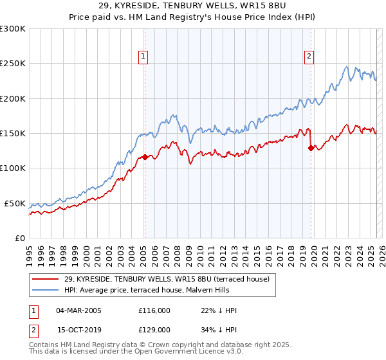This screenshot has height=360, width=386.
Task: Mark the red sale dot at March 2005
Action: click(x=145, y=157)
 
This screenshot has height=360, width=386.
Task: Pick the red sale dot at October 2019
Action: click(x=311, y=148)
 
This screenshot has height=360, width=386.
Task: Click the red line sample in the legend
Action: click(x=46, y=278)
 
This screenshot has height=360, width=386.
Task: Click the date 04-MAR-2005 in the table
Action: click(x=78, y=310)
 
